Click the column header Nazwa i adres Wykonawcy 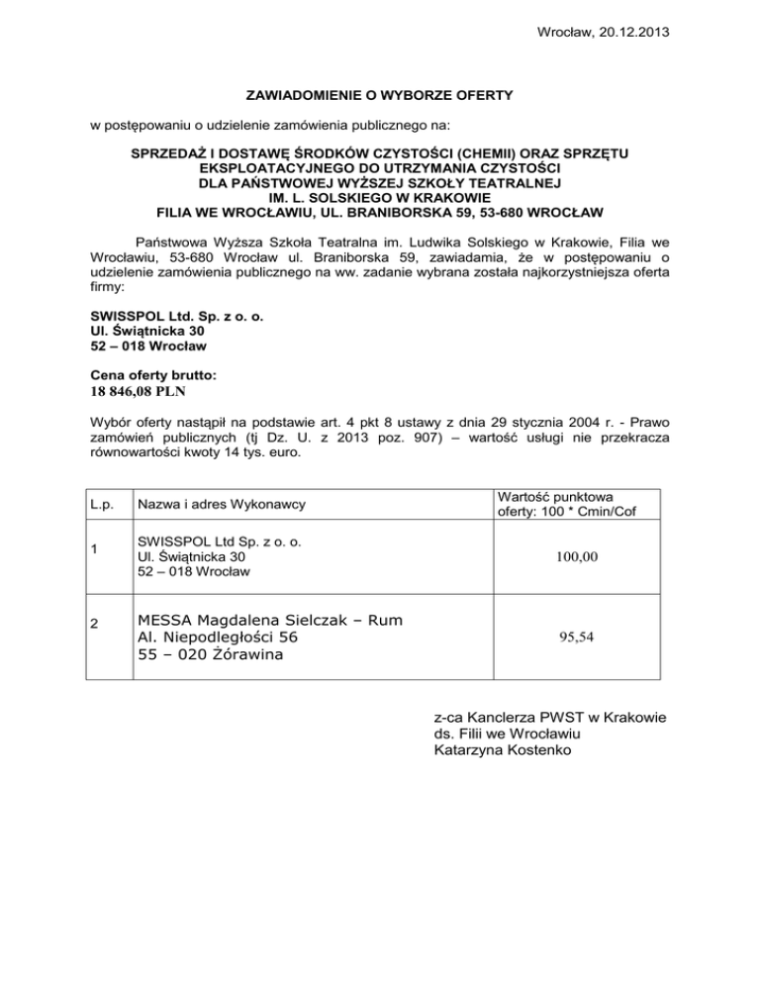[222, 504]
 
